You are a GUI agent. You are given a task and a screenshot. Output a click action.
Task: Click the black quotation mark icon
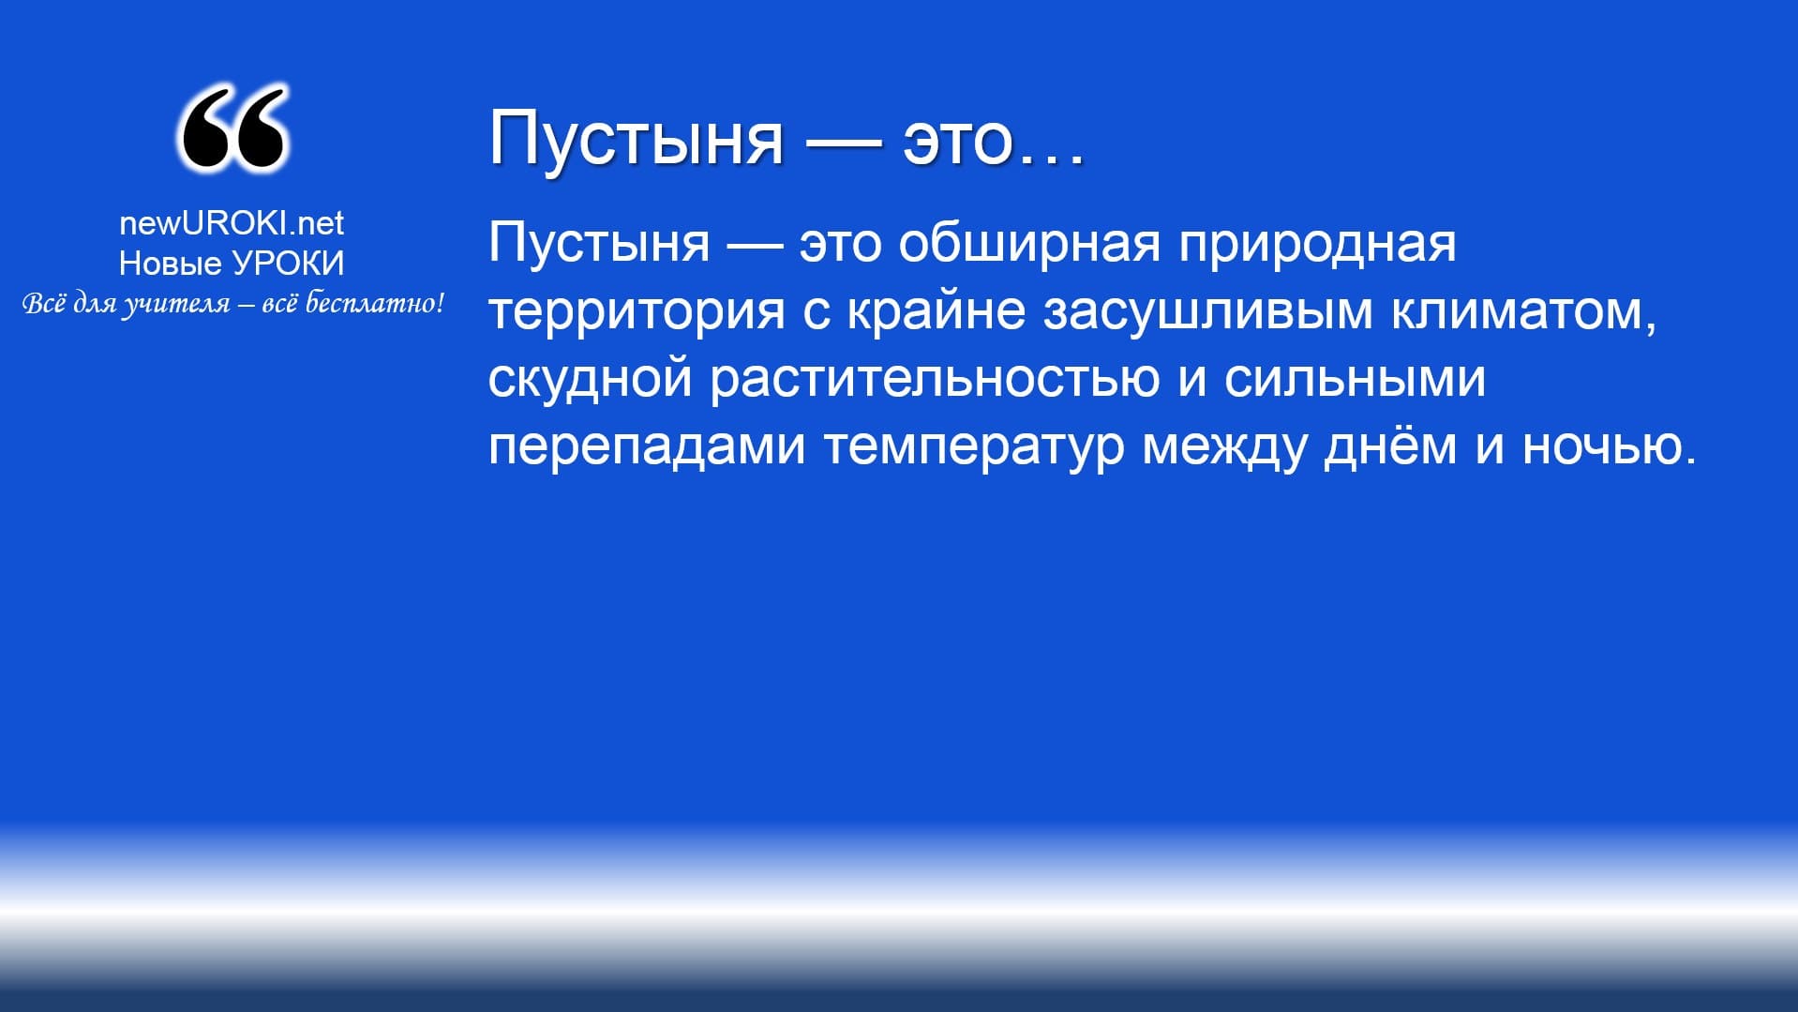(232, 129)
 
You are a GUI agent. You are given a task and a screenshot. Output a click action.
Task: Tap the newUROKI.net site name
(232, 222)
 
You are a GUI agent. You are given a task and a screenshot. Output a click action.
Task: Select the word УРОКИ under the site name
(288, 264)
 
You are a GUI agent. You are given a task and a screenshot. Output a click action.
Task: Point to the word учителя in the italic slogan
(176, 305)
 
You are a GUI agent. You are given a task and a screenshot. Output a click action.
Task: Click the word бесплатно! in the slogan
(376, 303)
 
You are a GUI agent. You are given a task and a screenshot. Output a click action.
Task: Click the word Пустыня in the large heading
(636, 138)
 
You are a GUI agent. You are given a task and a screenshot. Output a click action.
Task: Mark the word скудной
(591, 379)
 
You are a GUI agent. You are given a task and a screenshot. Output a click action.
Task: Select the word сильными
(1355, 380)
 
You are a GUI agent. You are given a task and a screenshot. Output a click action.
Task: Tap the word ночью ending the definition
(1602, 447)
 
